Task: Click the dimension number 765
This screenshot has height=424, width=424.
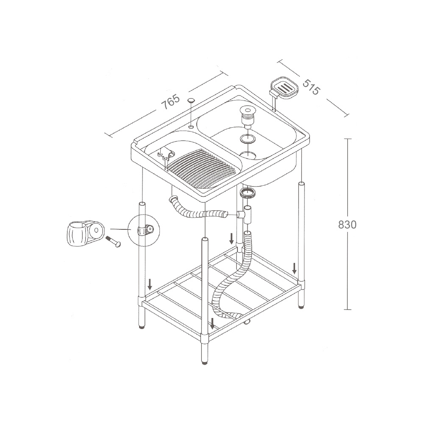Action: point(170,101)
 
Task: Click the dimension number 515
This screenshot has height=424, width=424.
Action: point(311,87)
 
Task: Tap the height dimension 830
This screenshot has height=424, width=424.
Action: point(347,224)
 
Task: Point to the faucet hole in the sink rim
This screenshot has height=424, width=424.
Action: point(191,126)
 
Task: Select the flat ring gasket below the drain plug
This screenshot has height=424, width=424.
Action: point(248,139)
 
